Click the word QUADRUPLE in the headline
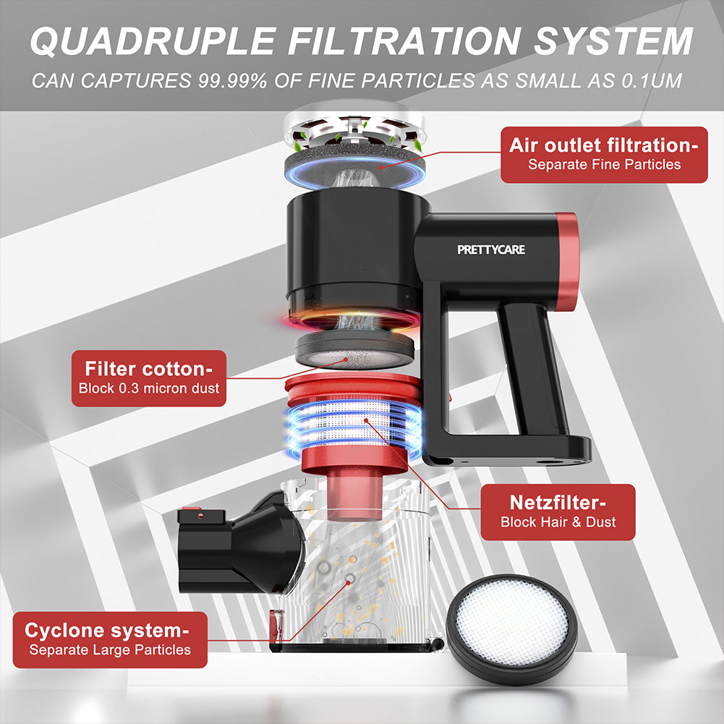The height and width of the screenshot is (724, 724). (x=153, y=41)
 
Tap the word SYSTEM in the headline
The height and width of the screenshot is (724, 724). (x=613, y=41)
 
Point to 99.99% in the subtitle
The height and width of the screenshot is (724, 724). (x=233, y=81)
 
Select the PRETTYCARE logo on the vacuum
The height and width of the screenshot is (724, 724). (x=491, y=250)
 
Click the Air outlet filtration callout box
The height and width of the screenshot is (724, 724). (x=604, y=155)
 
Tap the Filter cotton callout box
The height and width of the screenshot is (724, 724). (x=149, y=378)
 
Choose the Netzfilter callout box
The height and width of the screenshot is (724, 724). (x=558, y=512)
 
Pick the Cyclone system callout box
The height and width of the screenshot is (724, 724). (x=110, y=639)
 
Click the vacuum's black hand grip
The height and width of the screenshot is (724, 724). (x=530, y=370)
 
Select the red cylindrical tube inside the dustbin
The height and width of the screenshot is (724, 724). (x=354, y=496)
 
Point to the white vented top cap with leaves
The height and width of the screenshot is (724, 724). (x=354, y=130)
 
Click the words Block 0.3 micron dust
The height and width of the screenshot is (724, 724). (x=149, y=388)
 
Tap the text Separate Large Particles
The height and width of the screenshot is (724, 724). (x=110, y=650)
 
